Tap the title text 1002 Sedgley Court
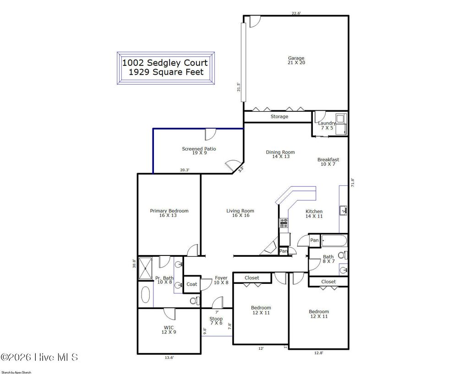pos(165,63)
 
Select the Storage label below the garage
pos(279,117)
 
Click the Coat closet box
pos(192,284)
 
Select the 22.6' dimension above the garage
pos(296,13)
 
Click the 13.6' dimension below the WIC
pos(169,358)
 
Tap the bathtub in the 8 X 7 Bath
pos(334,240)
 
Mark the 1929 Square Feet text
pos(166,72)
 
